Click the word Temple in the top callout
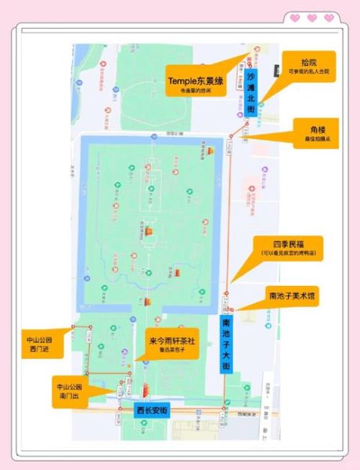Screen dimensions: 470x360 [185, 80]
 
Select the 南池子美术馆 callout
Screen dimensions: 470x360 [291, 297]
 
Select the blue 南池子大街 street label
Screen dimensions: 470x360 [227, 345]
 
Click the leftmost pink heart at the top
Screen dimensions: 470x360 [295, 17]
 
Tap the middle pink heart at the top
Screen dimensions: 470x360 [311, 17]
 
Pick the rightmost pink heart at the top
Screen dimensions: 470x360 [329, 17]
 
